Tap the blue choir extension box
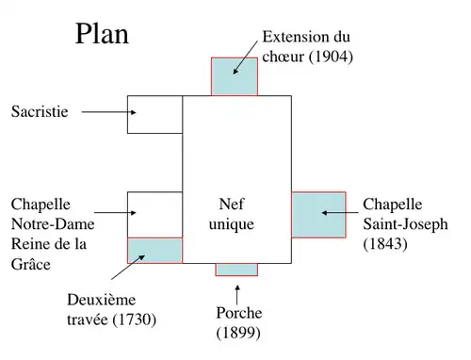tap(235, 76)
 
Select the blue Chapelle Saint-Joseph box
tap(319, 214)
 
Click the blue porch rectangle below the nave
tap(235, 269)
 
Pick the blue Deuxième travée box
tap(154, 250)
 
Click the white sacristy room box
tap(154, 114)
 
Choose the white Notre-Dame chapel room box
tap(154, 214)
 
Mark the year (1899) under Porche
tap(238, 333)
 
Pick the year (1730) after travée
tap(133, 319)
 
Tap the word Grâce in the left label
tap(31, 265)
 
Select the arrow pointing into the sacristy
tap(108, 112)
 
